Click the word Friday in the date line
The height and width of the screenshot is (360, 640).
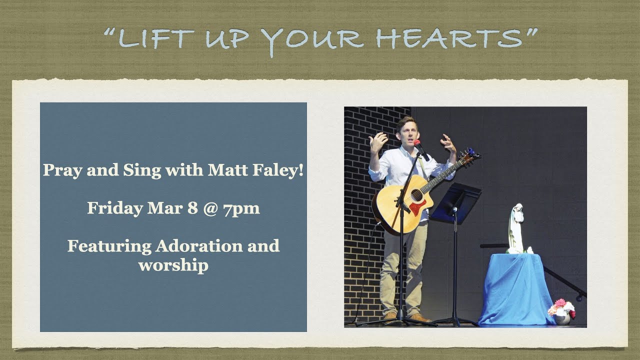pyautogui.click(x=115, y=208)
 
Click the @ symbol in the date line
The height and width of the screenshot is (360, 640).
pyautogui.click(x=210, y=208)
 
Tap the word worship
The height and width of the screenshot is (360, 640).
pyautogui.click(x=173, y=265)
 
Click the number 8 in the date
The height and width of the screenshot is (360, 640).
pyautogui.click(x=192, y=208)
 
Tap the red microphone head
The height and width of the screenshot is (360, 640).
pyautogui.click(x=417, y=143)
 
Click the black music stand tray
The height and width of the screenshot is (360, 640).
pyautogui.click(x=455, y=202)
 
